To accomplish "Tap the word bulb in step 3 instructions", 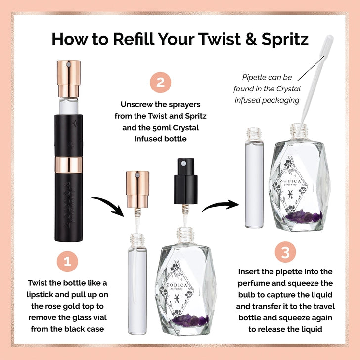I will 250,294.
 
